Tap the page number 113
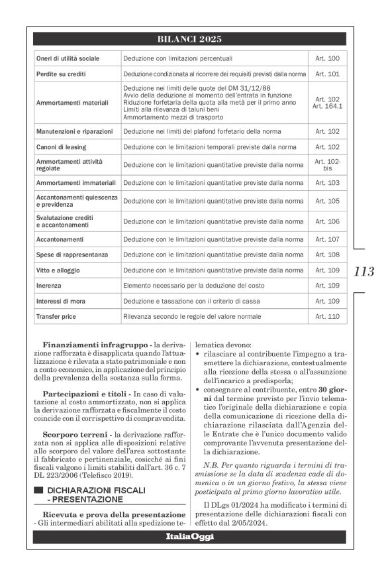(x=364, y=271)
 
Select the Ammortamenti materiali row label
(x=68, y=103)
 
